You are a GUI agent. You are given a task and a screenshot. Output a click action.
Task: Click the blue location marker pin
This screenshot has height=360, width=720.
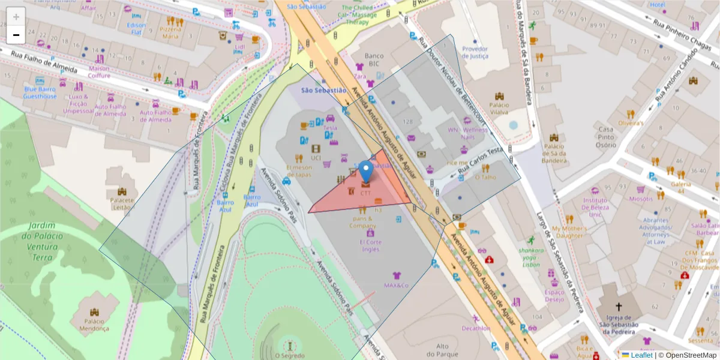(366, 172)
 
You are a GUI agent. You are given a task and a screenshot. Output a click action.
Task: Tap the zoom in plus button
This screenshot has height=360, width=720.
(16, 17)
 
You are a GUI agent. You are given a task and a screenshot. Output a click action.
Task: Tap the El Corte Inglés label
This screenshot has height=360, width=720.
(370, 245)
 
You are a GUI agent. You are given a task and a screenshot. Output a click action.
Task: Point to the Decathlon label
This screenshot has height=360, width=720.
(475, 328)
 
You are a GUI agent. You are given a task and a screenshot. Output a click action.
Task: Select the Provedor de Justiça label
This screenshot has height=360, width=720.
(475, 53)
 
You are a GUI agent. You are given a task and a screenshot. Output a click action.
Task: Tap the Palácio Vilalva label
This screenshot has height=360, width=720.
(499, 108)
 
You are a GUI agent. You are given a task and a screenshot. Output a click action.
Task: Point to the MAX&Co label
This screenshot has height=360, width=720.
(396, 285)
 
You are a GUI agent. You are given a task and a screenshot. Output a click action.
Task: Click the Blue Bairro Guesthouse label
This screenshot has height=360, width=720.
(40, 92)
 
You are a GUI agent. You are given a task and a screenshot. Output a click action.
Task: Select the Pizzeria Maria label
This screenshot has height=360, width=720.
(170, 32)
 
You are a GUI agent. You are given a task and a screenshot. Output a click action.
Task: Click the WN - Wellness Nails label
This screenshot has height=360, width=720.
(467, 133)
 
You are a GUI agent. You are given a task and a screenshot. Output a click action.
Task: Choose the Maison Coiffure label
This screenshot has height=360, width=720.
(99, 72)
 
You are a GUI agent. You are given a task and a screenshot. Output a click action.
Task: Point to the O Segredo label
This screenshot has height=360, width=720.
(291, 355)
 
